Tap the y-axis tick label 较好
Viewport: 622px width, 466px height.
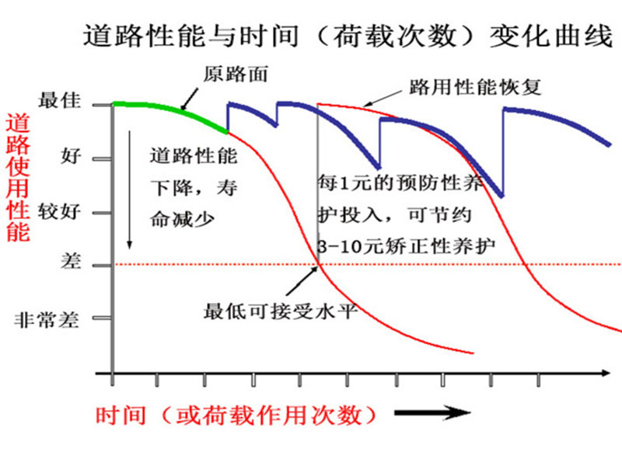click(58, 210)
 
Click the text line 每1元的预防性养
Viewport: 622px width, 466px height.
click(400, 182)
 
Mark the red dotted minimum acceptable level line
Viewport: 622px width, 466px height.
click(466, 265)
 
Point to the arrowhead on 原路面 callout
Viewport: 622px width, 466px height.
click(184, 106)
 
